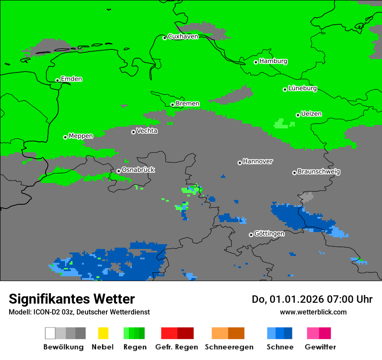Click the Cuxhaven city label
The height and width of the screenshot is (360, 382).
pos(183,36)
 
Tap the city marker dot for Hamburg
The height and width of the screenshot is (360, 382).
pos(256,62)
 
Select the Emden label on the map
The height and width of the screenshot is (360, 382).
pos(71,79)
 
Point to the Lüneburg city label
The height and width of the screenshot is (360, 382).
pos(303,88)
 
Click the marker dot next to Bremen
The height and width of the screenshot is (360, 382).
pos(172,105)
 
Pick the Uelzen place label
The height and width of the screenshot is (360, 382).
pos(311,114)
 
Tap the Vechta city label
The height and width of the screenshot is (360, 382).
pos(147,131)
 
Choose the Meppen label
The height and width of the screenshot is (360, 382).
pos(80,136)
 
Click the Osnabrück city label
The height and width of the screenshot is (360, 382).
pos(138,170)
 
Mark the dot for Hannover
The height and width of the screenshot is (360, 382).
pos(240,163)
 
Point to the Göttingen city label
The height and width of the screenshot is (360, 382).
pos(269,234)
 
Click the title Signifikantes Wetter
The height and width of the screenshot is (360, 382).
pos(72,299)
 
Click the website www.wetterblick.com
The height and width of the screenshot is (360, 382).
pos(313,312)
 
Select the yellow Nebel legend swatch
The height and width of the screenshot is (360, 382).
pos(103,333)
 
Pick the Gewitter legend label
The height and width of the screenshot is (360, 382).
pos(320,347)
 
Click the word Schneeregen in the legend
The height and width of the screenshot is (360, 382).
pos(229,347)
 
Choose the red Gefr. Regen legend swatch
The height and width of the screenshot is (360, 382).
pos(169,333)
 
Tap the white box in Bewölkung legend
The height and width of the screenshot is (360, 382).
pos(50,333)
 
